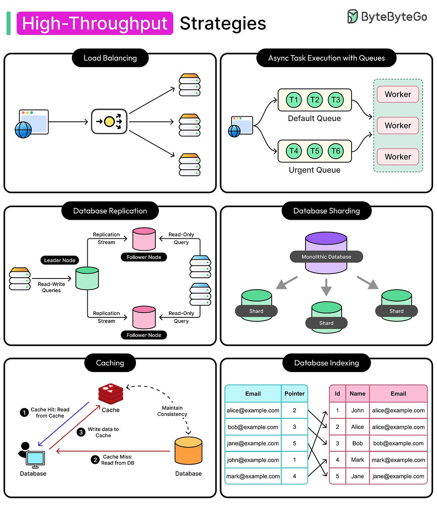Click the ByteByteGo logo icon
[x=352, y=17]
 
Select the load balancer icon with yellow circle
[x=109, y=121]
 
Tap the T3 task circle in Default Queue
[x=336, y=100]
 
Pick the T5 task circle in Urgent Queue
[x=315, y=151]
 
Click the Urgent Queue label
[x=314, y=170]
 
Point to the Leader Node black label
[x=60, y=260]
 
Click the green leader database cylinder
[x=87, y=278]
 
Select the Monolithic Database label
[x=326, y=257]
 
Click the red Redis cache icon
[x=111, y=394]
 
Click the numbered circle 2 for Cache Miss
[x=95, y=460]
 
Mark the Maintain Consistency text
[x=172, y=411]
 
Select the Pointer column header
[x=294, y=394]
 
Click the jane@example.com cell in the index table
[x=253, y=443]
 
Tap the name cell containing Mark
[x=358, y=460]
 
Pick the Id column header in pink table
[x=337, y=394]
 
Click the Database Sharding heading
[x=327, y=211]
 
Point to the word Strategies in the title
[x=223, y=23]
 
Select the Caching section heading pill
[x=110, y=363]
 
